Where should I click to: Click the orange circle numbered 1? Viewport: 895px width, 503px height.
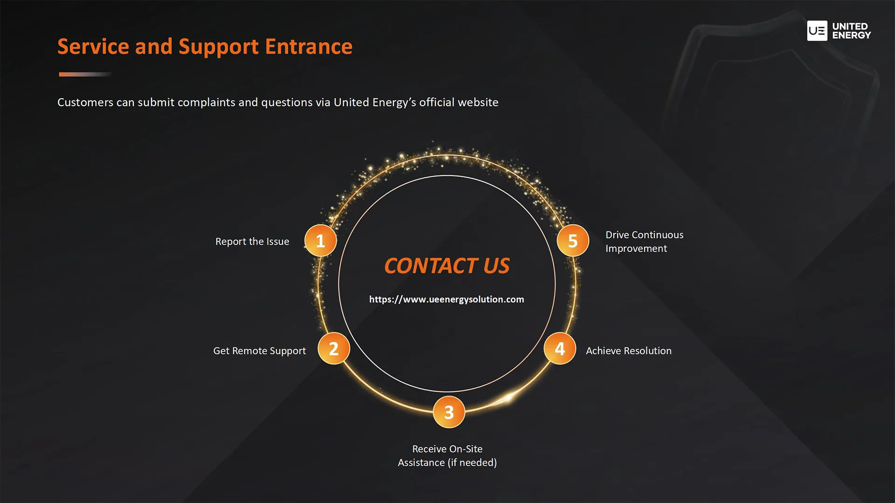320,241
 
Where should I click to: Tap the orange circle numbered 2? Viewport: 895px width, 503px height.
334,348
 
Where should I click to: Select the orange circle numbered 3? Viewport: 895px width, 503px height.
449,412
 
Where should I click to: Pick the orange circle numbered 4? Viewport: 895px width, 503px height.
560,348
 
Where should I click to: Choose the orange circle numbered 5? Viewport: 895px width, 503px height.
573,241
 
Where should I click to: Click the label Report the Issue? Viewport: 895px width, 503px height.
252,242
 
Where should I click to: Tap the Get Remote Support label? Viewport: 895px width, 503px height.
260,351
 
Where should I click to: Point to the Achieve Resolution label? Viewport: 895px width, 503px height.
628,351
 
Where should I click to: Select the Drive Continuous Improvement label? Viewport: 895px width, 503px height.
644,242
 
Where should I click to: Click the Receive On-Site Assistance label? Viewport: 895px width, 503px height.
447,455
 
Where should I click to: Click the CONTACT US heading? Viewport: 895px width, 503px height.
447,266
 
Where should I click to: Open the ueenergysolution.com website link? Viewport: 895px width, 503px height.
447,299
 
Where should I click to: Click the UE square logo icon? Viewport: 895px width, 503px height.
817,31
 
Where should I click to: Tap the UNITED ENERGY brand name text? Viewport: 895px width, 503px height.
851,31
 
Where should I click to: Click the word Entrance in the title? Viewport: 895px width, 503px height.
309,47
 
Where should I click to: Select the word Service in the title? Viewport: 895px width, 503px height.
93,47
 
